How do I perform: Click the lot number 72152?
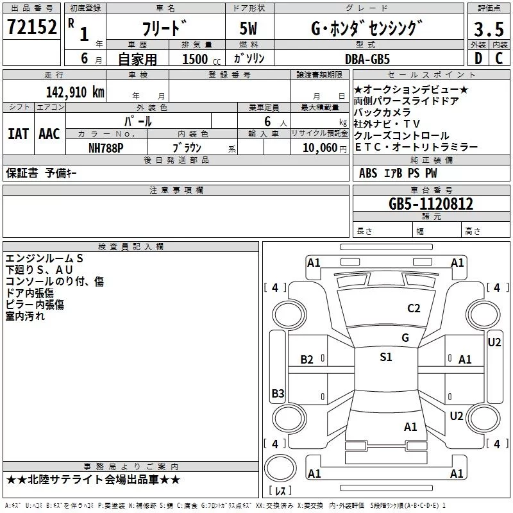(x=31, y=27)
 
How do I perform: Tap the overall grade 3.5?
(x=489, y=29)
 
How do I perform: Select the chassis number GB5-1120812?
(x=431, y=204)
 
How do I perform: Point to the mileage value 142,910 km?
(x=75, y=92)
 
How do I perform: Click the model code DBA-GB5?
(x=367, y=59)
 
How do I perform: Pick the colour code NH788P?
(x=106, y=148)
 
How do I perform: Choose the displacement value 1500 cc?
(x=201, y=59)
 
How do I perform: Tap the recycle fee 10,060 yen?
(x=324, y=148)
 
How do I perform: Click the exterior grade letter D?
(x=478, y=58)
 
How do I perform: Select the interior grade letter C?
(x=499, y=58)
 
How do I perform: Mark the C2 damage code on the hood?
(x=414, y=308)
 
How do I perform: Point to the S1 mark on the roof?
(x=386, y=357)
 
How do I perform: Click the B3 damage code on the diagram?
(x=278, y=393)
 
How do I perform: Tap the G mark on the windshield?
(x=405, y=338)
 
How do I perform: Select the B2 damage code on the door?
(x=307, y=360)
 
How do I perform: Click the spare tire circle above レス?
(x=280, y=468)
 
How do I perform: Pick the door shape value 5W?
(x=248, y=28)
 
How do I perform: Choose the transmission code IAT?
(x=19, y=134)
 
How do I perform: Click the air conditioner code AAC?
(x=49, y=134)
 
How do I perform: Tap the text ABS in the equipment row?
(x=368, y=173)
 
